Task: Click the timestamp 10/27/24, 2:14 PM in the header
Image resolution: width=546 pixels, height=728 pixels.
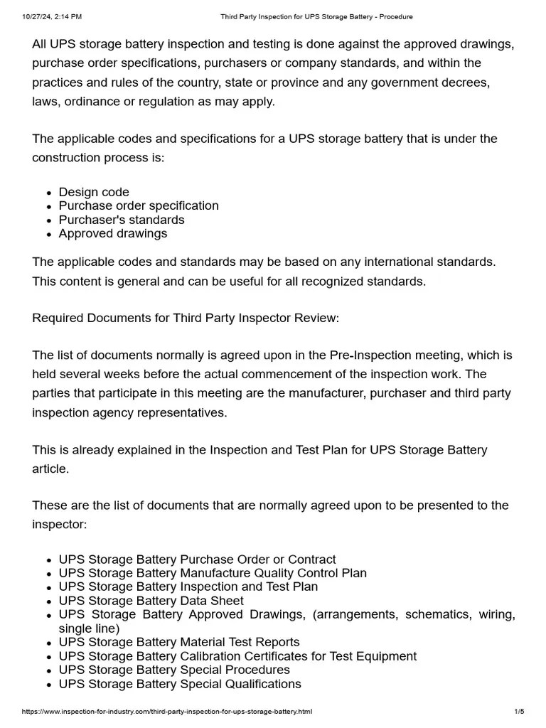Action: pyautogui.click(x=52, y=16)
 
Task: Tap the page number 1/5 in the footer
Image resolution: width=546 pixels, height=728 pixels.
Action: pyautogui.click(x=519, y=712)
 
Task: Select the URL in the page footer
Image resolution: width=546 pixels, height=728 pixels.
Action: pyautogui.click(x=167, y=712)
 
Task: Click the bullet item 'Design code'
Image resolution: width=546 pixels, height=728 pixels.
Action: pyautogui.click(x=94, y=192)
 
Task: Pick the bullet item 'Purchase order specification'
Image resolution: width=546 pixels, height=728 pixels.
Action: pyautogui.click(x=139, y=205)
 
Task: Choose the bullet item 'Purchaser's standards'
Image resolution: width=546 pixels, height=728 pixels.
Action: pyautogui.click(x=122, y=220)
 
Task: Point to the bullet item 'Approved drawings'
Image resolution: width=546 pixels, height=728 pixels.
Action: pyautogui.click(x=113, y=233)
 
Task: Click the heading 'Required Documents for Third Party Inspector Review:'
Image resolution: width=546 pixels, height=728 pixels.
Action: pyautogui.click(x=186, y=318)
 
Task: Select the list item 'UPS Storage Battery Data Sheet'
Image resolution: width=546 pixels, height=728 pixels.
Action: pyautogui.click(x=151, y=601)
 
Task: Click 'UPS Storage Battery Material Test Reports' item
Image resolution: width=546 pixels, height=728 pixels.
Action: pyautogui.click(x=179, y=642)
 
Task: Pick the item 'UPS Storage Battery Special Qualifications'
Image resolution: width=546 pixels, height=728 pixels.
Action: pyautogui.click(x=180, y=684)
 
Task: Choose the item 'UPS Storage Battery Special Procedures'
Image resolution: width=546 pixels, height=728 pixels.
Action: pyautogui.click(x=174, y=670)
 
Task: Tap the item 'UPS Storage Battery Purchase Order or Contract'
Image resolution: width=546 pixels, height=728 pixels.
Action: pyautogui.click(x=197, y=560)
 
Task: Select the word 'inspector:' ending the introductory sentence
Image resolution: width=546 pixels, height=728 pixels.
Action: pyautogui.click(x=60, y=524)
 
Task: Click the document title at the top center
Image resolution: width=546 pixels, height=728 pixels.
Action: pyautogui.click(x=316, y=16)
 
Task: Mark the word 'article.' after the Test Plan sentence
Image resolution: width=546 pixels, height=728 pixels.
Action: pyautogui.click(x=52, y=469)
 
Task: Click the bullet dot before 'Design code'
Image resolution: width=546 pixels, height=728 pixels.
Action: pyautogui.click(x=48, y=193)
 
